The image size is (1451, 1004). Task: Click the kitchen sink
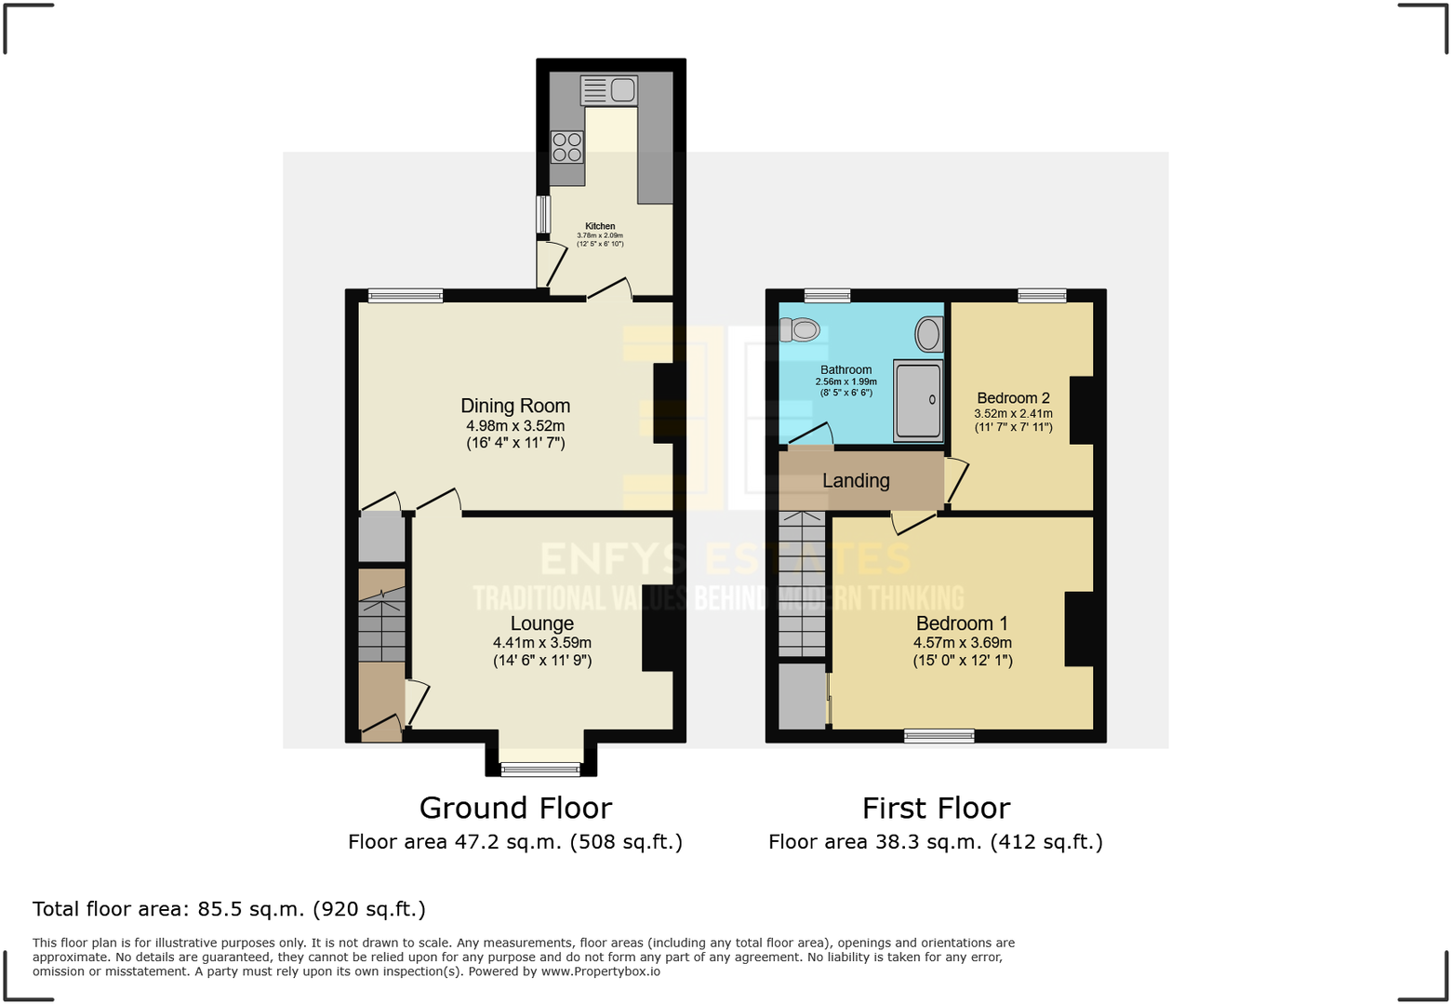[609, 90]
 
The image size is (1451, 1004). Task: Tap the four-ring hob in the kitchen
[566, 147]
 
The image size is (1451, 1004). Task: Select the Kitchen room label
[600, 226]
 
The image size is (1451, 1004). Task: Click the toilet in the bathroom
[800, 329]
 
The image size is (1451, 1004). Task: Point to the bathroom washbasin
[928, 334]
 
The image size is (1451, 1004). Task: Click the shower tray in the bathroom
[918, 400]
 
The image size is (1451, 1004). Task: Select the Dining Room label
[515, 406]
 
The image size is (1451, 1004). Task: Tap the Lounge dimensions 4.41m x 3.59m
[542, 643]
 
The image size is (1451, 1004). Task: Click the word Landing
[856, 481]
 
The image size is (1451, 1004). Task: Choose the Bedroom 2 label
[1013, 398]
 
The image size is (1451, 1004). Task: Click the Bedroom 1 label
[962, 623]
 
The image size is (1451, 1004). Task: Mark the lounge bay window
[540, 769]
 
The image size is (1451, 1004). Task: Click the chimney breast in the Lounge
[659, 627]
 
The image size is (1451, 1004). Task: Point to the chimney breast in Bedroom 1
[1079, 629]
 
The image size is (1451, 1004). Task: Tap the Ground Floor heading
[515, 808]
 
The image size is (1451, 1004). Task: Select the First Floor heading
[936, 808]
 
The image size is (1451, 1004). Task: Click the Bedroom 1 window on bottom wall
[939, 736]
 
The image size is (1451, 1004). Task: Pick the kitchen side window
[542, 214]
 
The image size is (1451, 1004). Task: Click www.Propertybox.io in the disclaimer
[601, 971]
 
